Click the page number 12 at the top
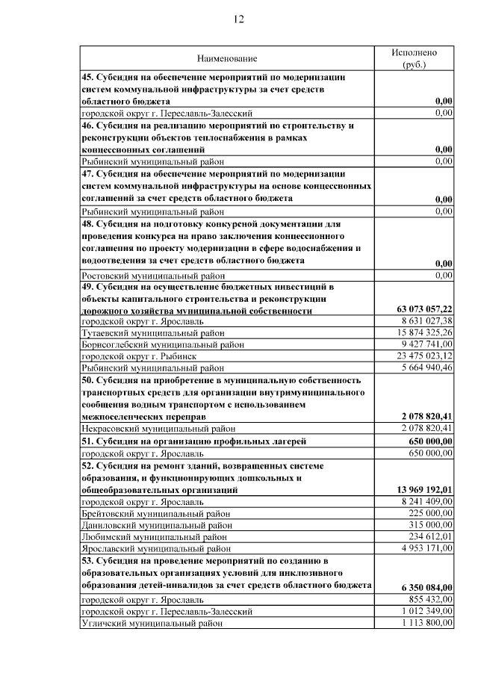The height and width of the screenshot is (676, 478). pos(238,19)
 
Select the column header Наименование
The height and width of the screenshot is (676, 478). pos(226,58)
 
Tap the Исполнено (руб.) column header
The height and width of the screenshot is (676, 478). pos(414,58)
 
